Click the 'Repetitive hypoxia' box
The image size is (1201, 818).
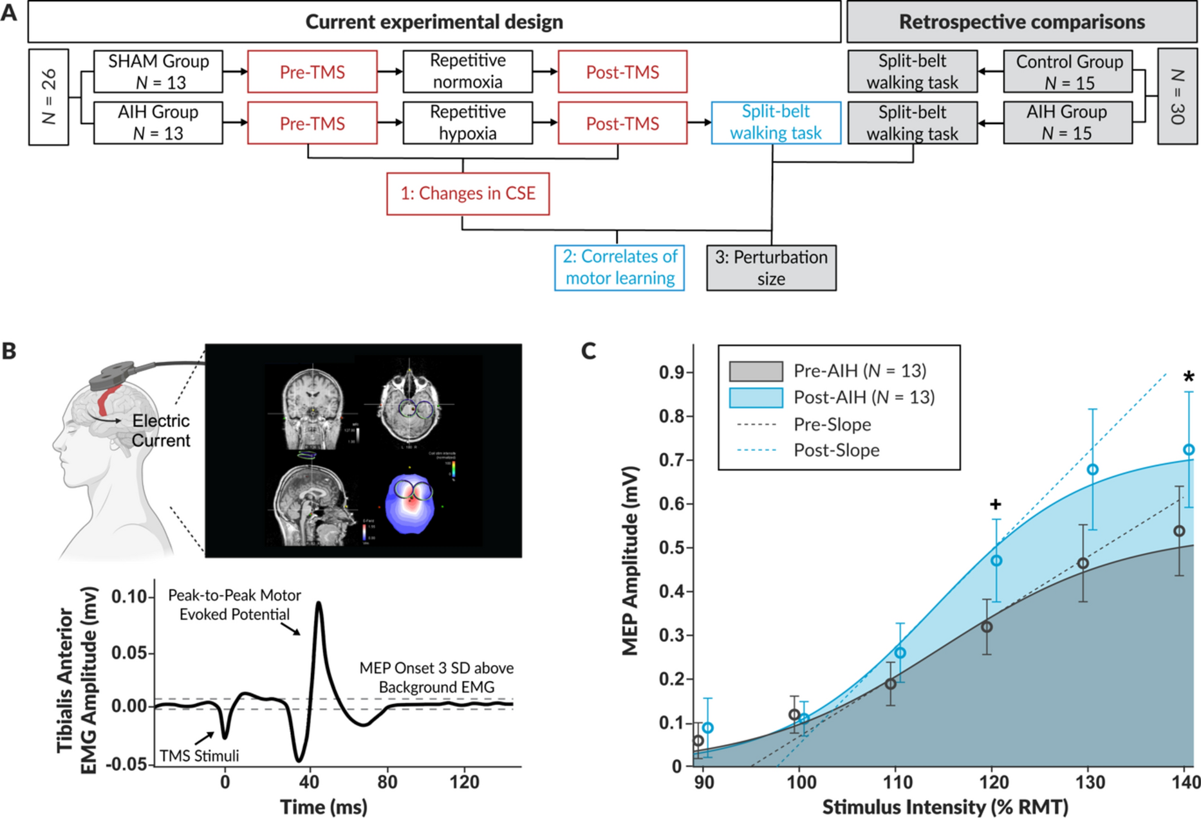468,123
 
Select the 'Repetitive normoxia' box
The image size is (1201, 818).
468,71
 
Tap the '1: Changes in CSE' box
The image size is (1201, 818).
468,194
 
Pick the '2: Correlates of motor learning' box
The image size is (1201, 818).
620,268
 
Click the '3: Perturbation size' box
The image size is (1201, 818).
771,268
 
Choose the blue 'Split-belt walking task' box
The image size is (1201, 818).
776,123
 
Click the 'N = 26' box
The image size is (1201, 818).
49,97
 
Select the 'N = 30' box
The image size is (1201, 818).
1177,97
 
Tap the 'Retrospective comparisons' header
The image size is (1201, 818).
1021,22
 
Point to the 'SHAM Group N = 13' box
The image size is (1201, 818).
158,71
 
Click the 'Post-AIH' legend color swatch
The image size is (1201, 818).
756,397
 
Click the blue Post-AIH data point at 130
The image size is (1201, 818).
1092,470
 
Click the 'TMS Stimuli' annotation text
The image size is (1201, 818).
199,756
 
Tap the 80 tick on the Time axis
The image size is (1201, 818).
387,782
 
